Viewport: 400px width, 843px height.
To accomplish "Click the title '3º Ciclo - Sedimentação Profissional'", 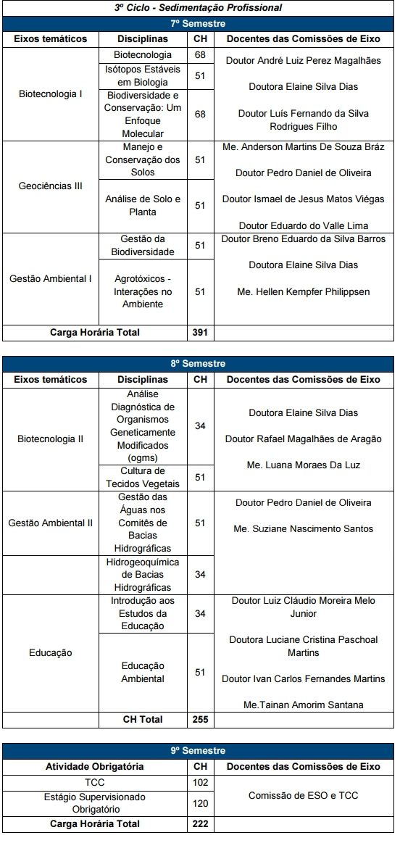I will (x=198, y=8).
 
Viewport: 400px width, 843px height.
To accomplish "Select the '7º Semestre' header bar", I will (x=198, y=23).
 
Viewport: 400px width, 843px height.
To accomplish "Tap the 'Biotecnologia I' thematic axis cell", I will (x=51, y=94).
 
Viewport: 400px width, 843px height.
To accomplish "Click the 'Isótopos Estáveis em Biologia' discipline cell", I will (x=143, y=75).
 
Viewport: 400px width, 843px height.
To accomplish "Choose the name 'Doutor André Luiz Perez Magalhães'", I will (x=303, y=61).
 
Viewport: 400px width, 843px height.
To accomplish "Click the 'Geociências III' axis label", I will (x=51, y=186).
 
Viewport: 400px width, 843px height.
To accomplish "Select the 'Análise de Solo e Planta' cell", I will (x=143, y=206).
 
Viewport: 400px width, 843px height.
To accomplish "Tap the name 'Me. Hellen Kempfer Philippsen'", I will (x=303, y=291).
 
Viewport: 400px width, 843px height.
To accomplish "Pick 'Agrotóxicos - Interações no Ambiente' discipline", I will (x=143, y=291).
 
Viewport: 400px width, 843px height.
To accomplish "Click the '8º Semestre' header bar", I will (x=198, y=364).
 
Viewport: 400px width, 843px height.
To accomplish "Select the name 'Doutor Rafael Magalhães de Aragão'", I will (x=303, y=439).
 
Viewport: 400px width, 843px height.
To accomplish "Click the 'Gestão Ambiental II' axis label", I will (x=51, y=523).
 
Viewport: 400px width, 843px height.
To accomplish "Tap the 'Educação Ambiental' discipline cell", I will (x=143, y=673).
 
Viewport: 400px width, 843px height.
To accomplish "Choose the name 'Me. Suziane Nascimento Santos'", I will (x=303, y=529).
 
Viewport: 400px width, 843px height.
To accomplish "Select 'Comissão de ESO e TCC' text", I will (x=303, y=796).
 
